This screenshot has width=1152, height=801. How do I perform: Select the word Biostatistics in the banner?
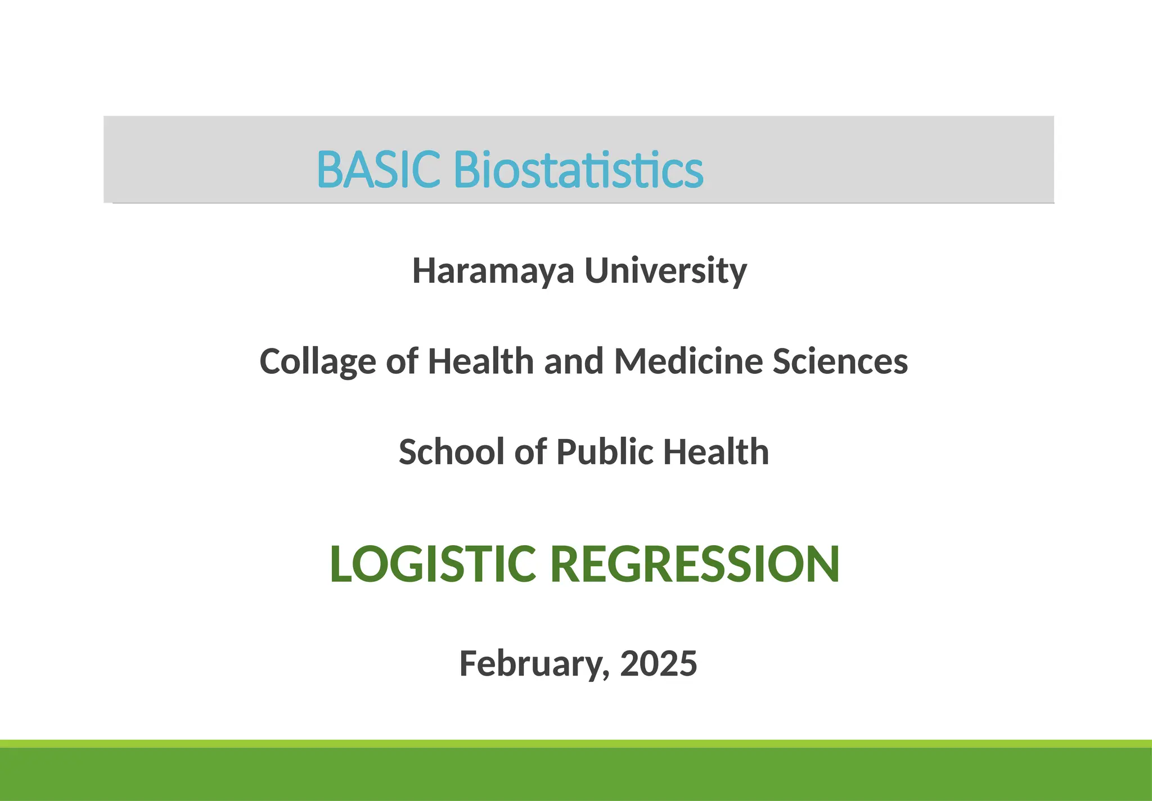(578, 169)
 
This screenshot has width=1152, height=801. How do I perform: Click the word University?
(665, 271)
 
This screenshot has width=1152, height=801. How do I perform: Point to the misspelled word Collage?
(317, 361)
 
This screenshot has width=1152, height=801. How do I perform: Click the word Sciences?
(840, 361)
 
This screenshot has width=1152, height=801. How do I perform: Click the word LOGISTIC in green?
(432, 564)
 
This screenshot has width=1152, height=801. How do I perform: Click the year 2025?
(658, 664)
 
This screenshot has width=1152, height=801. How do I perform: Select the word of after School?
(530, 452)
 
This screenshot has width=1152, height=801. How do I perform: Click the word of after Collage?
(402, 361)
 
